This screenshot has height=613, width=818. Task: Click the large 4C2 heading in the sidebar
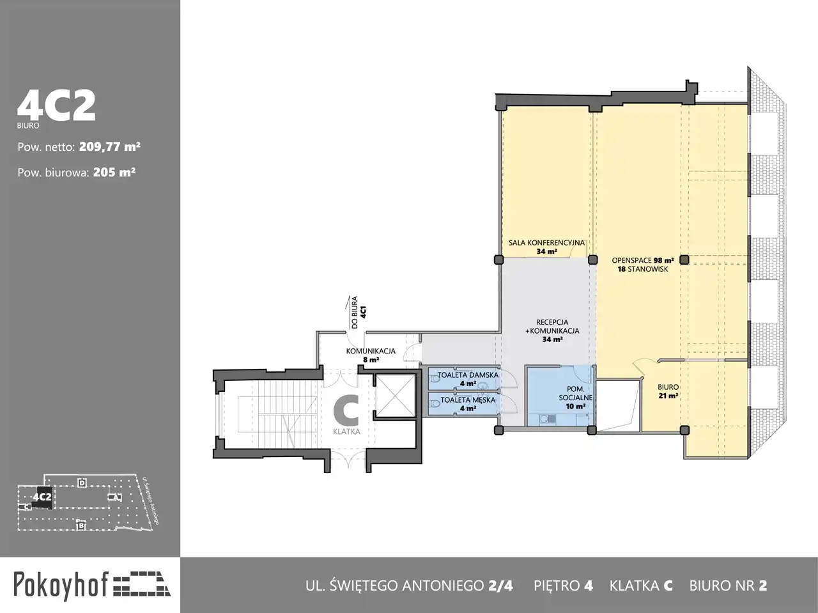(56, 106)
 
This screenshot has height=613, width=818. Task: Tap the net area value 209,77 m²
(109, 147)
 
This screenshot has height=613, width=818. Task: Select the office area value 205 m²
(114, 172)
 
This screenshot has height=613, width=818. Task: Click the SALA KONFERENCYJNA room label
(546, 247)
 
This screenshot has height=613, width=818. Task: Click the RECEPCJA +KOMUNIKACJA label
(552, 330)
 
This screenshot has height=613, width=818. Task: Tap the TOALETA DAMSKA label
(468, 378)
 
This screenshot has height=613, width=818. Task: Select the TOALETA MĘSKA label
(468, 403)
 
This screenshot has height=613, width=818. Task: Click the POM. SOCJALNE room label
(575, 397)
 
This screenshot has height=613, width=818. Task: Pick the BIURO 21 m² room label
(668, 391)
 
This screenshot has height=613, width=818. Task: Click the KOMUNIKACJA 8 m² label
(371, 355)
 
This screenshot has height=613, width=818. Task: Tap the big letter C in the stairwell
(346, 410)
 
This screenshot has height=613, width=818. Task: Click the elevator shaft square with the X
(395, 396)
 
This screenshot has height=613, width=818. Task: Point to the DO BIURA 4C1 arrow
(349, 313)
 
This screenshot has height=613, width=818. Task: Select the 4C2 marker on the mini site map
(42, 497)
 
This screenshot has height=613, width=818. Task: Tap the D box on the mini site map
(82, 483)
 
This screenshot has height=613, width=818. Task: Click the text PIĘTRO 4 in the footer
(563, 586)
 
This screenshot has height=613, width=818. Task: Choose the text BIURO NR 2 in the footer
(728, 586)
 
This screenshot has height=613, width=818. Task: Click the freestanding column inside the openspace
(684, 260)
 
